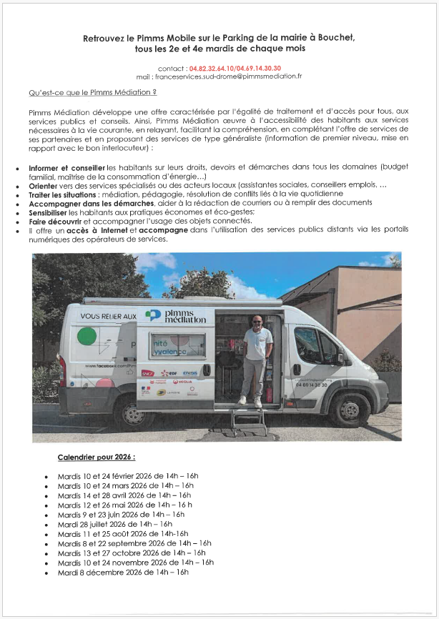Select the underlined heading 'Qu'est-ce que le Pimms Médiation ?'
[92, 94]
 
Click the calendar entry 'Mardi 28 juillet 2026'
[114, 524]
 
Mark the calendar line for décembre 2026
[123, 573]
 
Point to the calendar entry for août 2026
[122, 534]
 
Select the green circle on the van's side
[87, 337]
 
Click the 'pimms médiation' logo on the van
[175, 316]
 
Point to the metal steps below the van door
[247, 421]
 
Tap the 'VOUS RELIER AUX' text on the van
[108, 315]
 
